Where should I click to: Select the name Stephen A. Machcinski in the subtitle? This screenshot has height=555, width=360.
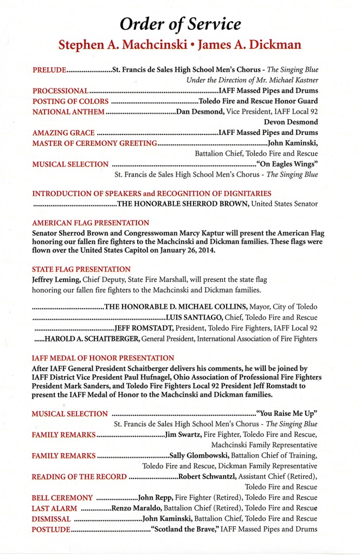coord(119,44)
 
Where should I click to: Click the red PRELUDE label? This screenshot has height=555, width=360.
coord(49,70)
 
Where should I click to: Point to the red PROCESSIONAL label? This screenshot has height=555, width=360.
coord(60,91)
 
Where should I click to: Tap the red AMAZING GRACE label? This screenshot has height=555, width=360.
coord(63,133)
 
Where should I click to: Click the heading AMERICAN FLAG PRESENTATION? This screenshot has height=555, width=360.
coord(91,223)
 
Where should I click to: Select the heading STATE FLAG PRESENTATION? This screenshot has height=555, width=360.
coord(81,269)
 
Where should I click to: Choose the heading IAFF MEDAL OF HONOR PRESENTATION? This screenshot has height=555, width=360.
coord(103,358)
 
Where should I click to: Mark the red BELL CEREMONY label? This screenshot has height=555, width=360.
coord(62,498)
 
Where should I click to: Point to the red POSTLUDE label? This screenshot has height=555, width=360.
coord(51,529)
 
